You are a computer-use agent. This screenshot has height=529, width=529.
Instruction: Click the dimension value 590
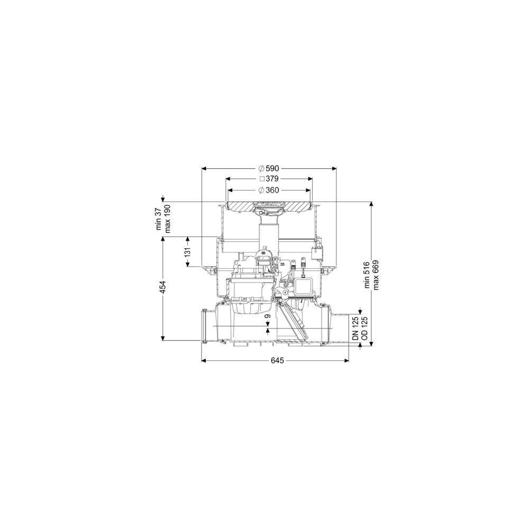coord(272,168)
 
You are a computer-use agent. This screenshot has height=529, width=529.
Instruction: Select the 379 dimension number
coord(272,179)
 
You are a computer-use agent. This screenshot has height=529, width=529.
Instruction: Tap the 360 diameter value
coord(272,190)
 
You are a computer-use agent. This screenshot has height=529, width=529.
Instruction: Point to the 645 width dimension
coord(277,361)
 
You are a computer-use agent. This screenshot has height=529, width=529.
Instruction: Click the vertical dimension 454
coord(163,287)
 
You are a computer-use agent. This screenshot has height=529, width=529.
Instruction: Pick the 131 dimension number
coord(188,252)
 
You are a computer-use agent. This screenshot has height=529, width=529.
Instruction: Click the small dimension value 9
coord(268,316)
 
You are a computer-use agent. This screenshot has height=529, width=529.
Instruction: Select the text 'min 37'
coord(159,219)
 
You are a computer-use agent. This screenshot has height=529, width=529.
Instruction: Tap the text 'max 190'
coord(167,219)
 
